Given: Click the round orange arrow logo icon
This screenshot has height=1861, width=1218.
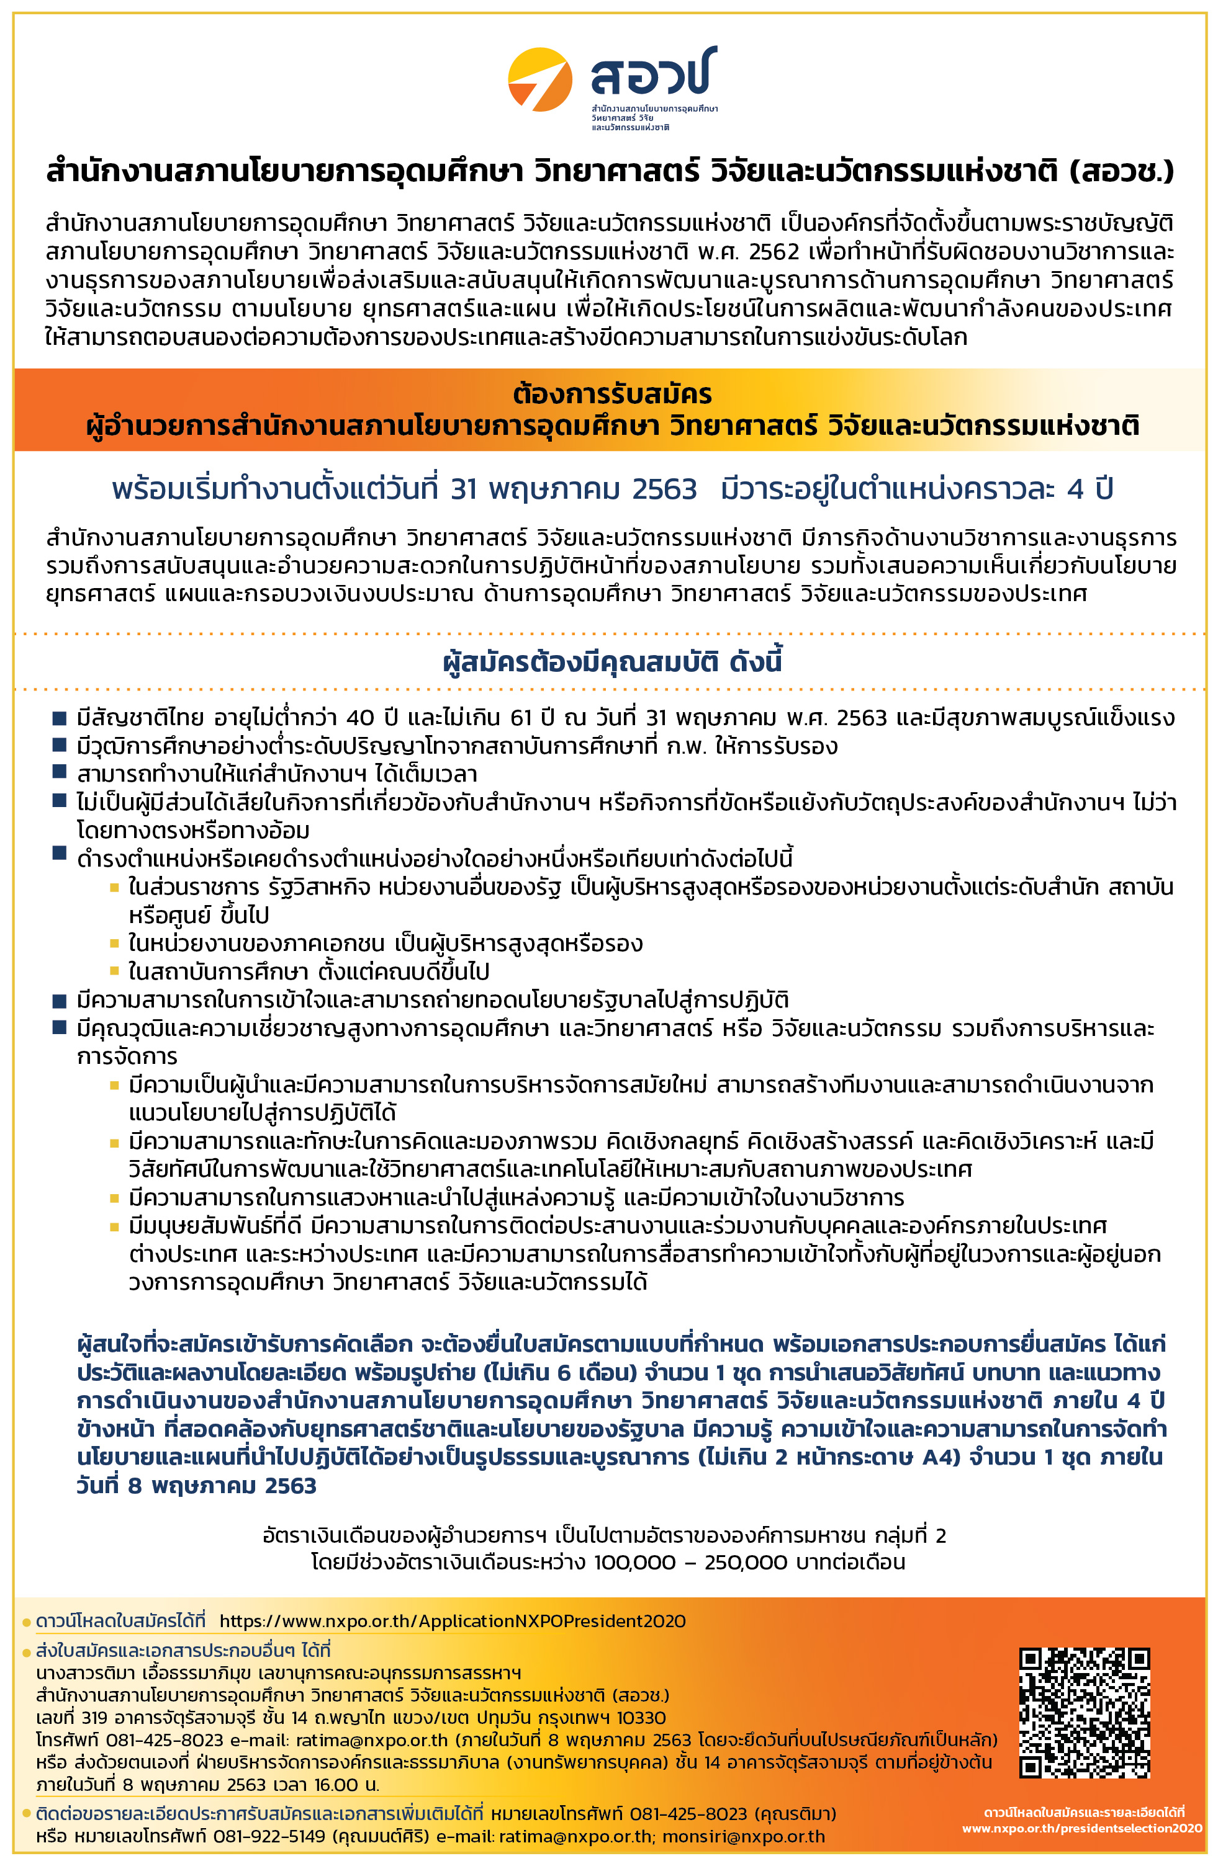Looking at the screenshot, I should (x=539, y=80).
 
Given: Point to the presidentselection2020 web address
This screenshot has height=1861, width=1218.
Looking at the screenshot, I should (x=1082, y=1828).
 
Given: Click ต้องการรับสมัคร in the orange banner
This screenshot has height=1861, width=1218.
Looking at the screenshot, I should (x=613, y=393).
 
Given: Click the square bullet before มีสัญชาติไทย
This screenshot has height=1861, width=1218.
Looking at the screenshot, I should (x=60, y=718).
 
